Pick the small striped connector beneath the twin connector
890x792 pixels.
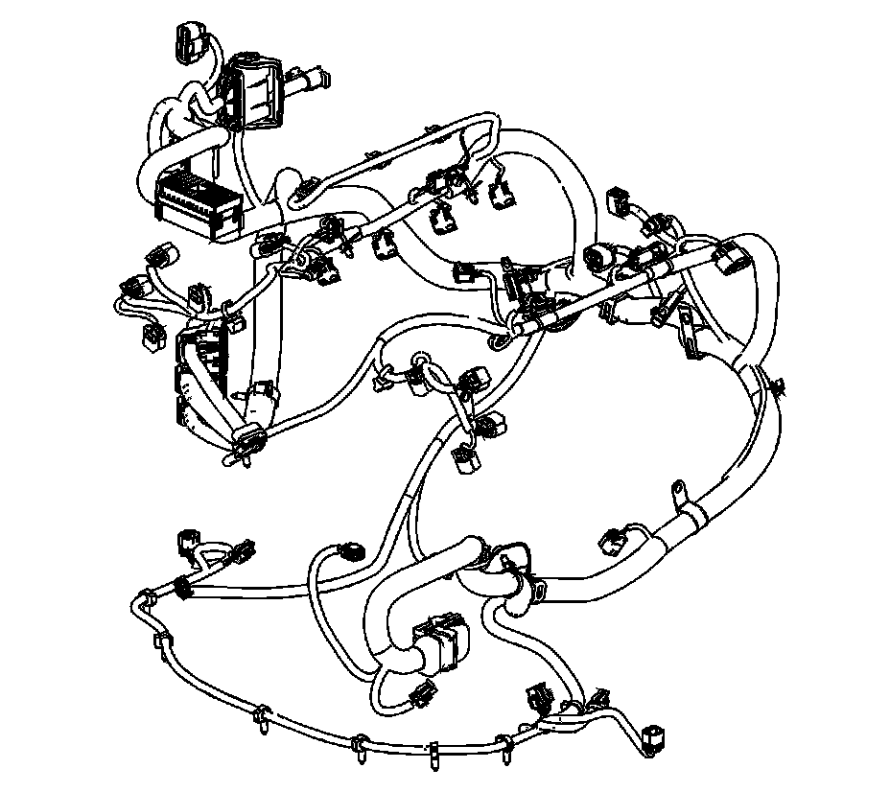[419, 695]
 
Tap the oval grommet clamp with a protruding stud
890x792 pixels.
[248, 442]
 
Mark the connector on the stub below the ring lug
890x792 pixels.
[615, 540]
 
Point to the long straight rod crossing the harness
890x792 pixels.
[614, 289]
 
